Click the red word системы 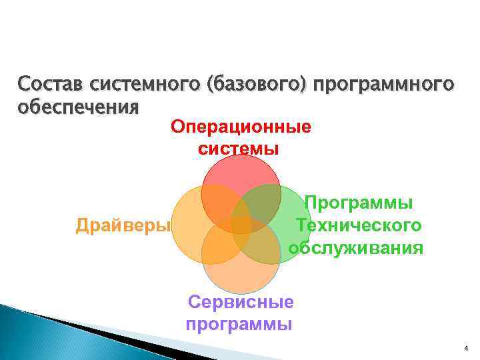pyautogui.click(x=239, y=148)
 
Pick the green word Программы pyautogui.click(x=359, y=203)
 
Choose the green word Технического pyautogui.click(x=359, y=225)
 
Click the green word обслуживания pyautogui.click(x=356, y=248)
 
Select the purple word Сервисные pyautogui.click(x=241, y=302)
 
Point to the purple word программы pyautogui.click(x=239, y=325)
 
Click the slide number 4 pyautogui.click(x=466, y=349)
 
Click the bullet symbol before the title pyautogui.click(x=9, y=85)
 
